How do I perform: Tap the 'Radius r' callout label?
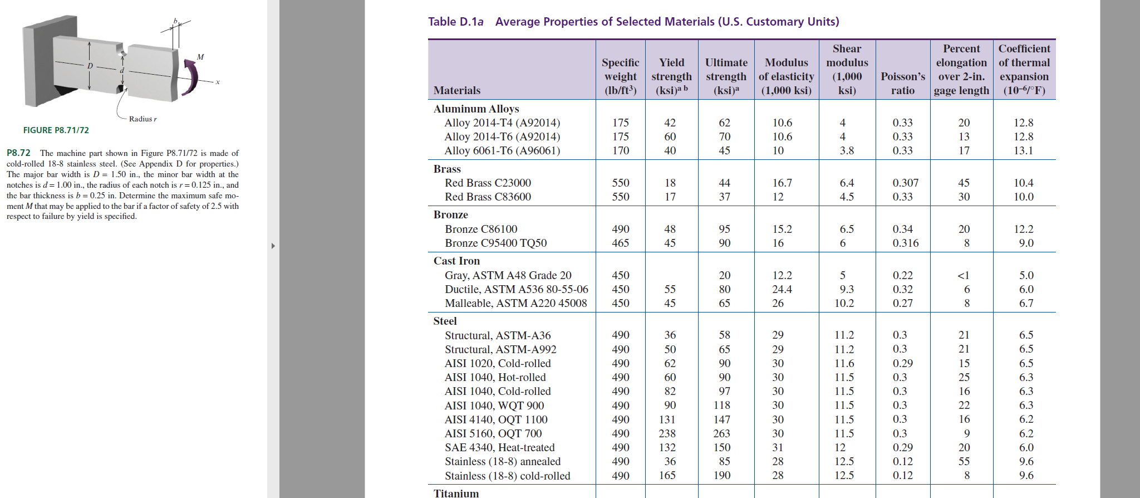click(x=142, y=119)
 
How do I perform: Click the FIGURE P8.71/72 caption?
click(x=56, y=130)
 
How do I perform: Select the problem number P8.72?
click(x=18, y=153)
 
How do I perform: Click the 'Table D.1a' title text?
click(x=455, y=22)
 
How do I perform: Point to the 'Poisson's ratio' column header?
click(x=902, y=84)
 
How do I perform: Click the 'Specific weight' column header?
click(x=620, y=76)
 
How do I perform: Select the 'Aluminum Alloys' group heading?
click(x=476, y=109)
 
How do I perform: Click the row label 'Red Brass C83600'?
click(x=488, y=197)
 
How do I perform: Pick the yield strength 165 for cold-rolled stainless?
click(x=667, y=475)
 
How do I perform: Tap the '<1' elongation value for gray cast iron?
click(x=963, y=275)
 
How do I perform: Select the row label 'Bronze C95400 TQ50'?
click(x=495, y=243)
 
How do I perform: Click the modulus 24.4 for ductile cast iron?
click(x=782, y=289)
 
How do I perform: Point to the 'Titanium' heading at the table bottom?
click(x=456, y=493)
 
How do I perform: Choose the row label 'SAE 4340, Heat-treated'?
click(x=499, y=447)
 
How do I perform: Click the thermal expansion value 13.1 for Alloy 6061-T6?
click(x=1023, y=150)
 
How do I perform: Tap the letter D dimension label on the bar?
click(x=90, y=66)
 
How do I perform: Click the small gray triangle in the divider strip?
click(x=273, y=246)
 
